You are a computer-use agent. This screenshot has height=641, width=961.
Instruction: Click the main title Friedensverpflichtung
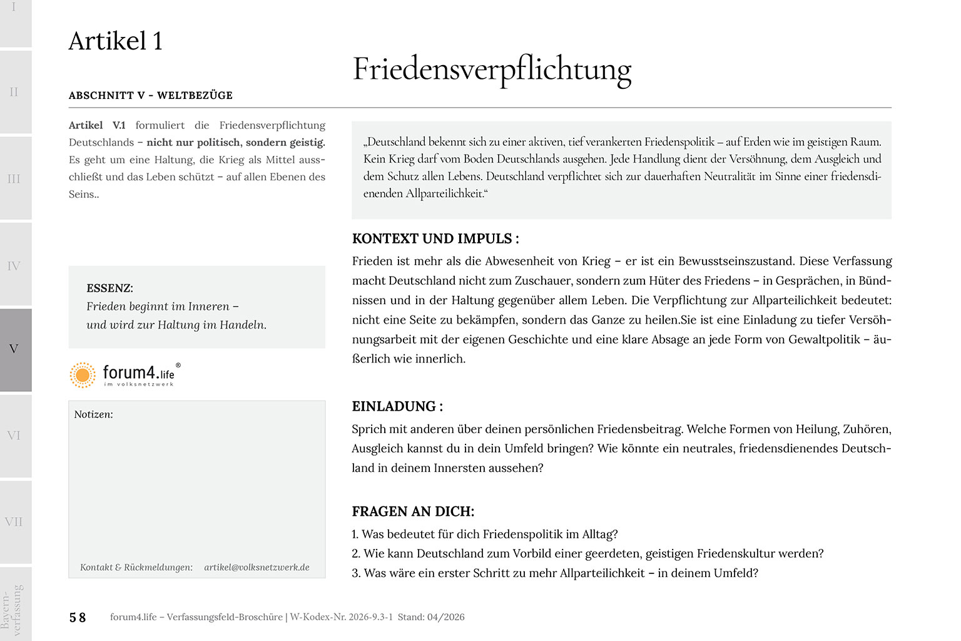tap(492, 69)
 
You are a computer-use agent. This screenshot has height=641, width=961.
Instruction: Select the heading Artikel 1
tap(116, 41)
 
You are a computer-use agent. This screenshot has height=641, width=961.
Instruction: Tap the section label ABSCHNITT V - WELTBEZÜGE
tap(151, 95)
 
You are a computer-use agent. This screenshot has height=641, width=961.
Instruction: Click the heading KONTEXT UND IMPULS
tap(435, 238)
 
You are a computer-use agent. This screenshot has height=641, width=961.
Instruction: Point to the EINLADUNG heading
tap(397, 406)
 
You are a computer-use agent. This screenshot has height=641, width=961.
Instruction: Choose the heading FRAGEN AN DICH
tap(413, 511)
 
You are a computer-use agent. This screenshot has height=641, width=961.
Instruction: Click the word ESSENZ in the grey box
tap(109, 288)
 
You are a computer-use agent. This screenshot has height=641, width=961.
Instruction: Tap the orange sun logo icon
tap(83, 374)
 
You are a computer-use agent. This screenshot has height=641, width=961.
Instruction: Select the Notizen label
tap(93, 414)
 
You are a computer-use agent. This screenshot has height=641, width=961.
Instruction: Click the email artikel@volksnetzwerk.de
tap(257, 567)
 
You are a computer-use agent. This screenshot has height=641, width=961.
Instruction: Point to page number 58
tap(78, 617)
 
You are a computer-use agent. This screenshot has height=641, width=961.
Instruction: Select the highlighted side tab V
tap(14, 349)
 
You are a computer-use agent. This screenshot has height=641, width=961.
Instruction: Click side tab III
tap(14, 179)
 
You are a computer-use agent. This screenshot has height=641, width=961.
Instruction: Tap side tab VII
tap(14, 521)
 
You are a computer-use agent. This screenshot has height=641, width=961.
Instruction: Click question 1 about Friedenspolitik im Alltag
tap(485, 534)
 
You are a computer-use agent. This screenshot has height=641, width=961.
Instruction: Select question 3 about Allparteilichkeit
tap(555, 573)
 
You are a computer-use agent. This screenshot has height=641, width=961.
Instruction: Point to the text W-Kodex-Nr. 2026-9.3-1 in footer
tap(342, 617)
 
